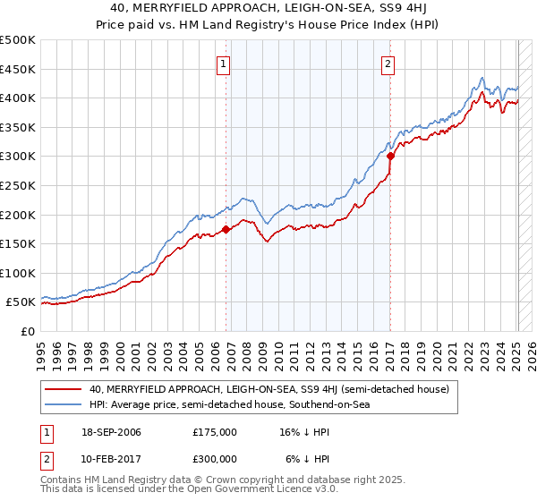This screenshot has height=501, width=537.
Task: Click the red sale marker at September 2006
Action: click(x=226, y=229)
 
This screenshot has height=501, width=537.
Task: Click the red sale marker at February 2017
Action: click(x=390, y=156)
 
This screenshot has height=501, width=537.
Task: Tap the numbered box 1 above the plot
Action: click(x=223, y=64)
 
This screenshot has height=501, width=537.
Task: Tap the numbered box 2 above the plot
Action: click(x=388, y=64)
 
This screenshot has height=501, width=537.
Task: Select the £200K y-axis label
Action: click(x=18, y=215)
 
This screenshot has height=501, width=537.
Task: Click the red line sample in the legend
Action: click(x=63, y=389)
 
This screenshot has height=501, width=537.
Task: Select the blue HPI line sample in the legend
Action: click(x=63, y=405)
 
